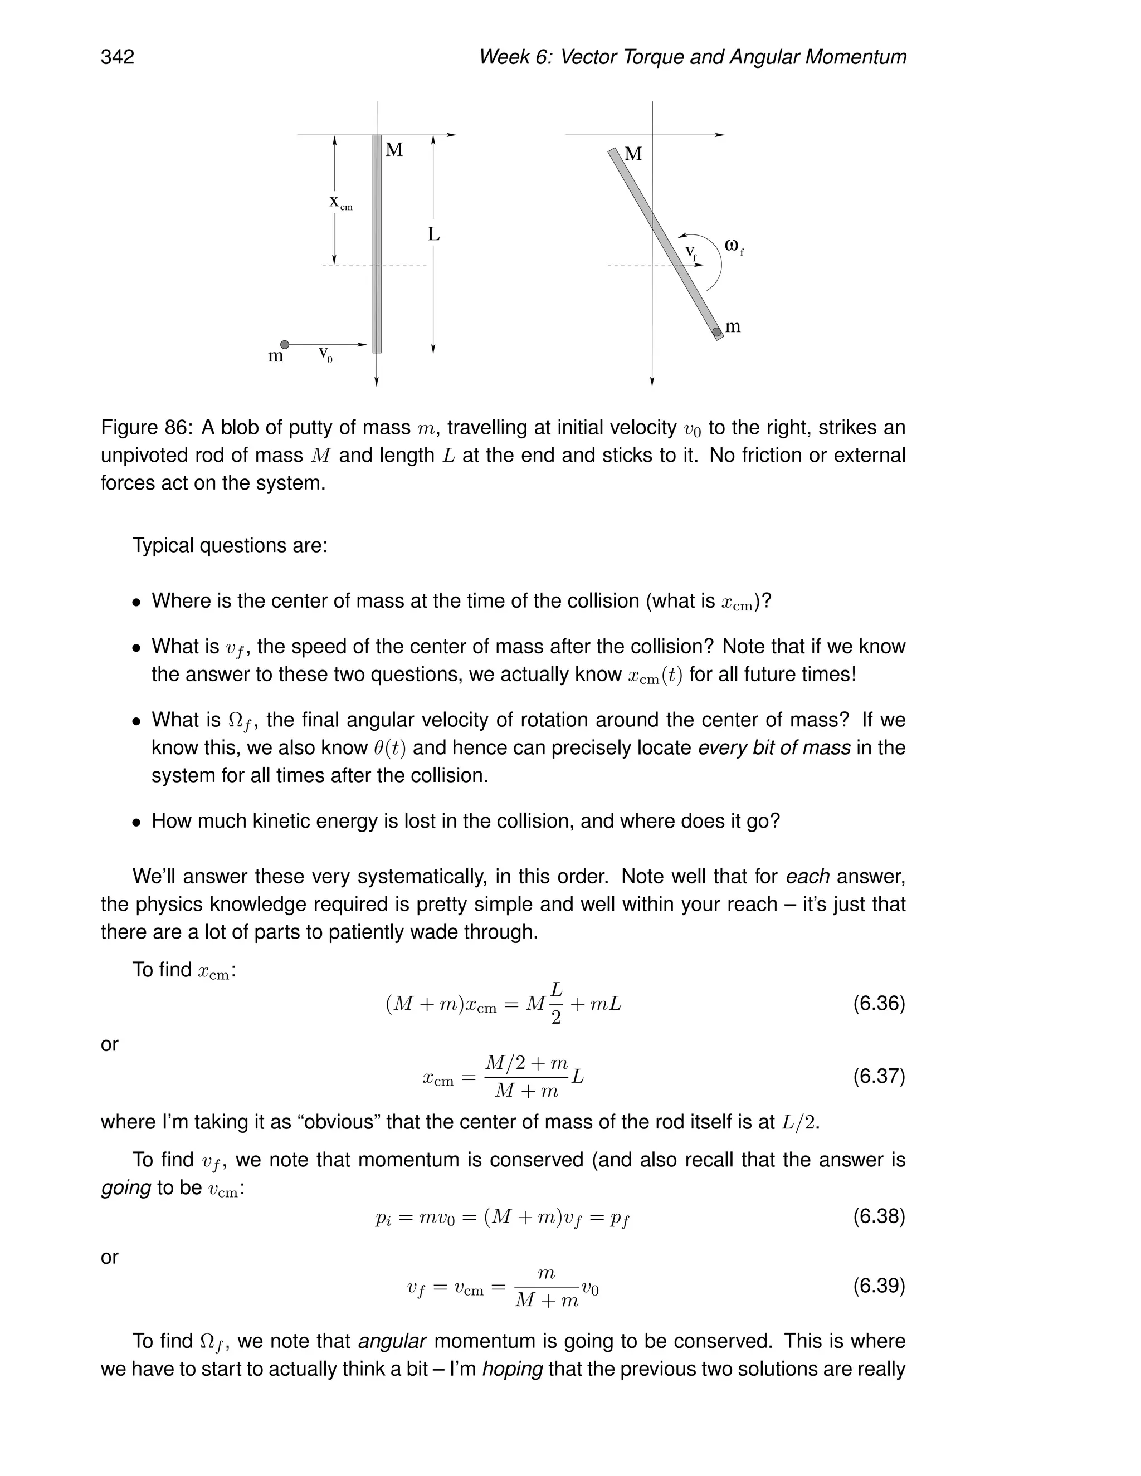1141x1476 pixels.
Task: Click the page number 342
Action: tap(118, 57)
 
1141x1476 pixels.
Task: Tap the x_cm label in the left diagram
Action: tap(340, 202)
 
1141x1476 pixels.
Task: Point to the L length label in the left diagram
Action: tap(433, 234)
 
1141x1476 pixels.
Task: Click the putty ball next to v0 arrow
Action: tap(285, 345)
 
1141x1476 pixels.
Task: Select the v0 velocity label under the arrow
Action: tap(325, 354)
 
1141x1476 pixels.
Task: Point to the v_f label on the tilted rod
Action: tap(690, 252)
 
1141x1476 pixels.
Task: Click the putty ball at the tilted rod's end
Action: tap(716, 332)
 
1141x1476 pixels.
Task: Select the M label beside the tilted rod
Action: tap(633, 154)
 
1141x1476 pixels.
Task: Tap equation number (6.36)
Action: tap(878, 1004)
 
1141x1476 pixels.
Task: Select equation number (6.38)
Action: tap(878, 1216)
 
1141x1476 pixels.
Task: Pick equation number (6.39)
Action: tap(878, 1286)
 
